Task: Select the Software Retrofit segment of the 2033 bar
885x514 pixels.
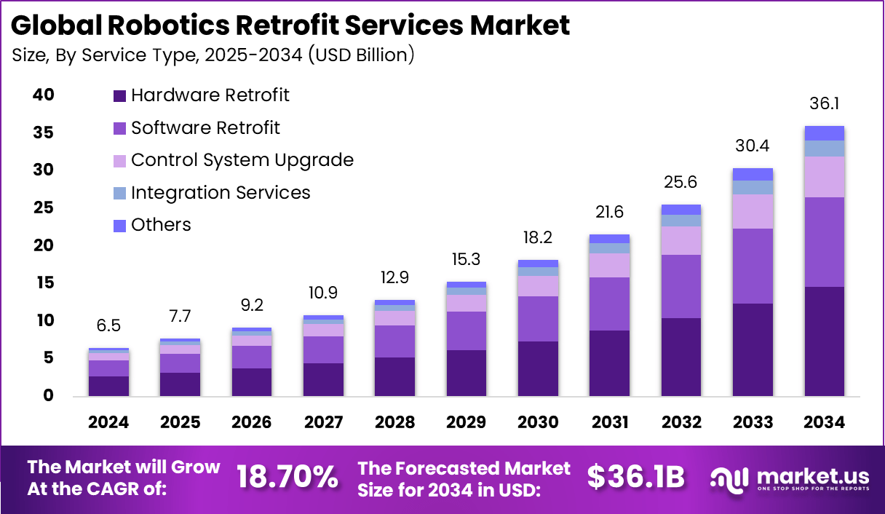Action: [x=753, y=266]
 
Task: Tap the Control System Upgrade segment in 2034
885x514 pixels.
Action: [x=824, y=177]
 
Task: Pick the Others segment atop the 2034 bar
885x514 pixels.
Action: [x=824, y=133]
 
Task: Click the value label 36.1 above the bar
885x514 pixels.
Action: [x=824, y=104]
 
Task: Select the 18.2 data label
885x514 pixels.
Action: [x=538, y=238]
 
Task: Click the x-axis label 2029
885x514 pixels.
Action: [x=466, y=422]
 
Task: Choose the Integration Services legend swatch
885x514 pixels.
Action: [x=119, y=194]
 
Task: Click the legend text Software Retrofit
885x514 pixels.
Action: [x=205, y=128]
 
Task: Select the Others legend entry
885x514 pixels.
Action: [x=161, y=225]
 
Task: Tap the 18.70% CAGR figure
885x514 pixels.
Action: [x=287, y=477]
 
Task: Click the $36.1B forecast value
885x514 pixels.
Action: [x=635, y=477]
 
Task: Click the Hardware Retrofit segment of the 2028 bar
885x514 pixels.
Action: [x=394, y=376]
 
